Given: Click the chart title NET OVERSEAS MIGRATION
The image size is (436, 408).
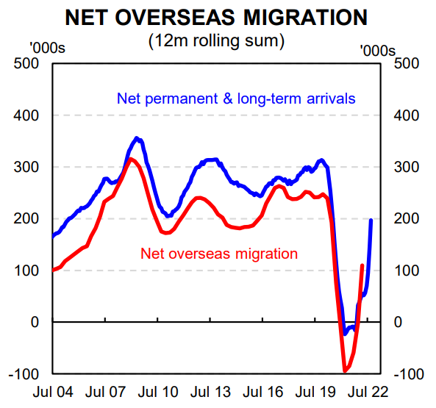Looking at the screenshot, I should [x=218, y=15].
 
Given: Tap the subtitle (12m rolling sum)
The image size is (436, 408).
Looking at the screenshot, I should [x=218, y=40].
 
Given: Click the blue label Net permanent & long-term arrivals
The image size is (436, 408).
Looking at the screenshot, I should [x=236, y=98].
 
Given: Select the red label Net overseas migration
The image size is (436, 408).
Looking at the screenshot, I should [x=218, y=254].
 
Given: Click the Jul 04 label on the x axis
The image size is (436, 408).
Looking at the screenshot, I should [x=54, y=392].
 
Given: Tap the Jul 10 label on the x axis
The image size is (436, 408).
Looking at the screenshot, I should [x=160, y=392].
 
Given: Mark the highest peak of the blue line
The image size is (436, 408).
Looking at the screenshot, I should [x=137, y=137].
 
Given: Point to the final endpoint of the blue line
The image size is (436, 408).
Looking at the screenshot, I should [x=371, y=220].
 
